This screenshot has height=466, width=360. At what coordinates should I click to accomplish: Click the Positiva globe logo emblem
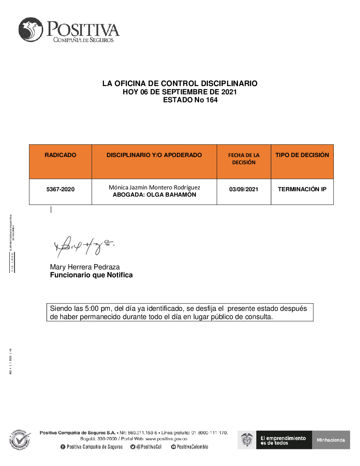pos(31,30)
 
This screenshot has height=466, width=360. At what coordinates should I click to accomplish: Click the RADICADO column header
pos(60,155)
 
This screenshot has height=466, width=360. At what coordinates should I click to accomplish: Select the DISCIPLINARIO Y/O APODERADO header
pos(154,155)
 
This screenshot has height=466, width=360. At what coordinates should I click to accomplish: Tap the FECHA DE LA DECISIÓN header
pos(244,159)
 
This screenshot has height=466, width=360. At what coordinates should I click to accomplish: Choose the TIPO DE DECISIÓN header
pos(302,155)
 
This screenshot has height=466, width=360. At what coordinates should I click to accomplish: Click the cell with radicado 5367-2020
pos(60,189)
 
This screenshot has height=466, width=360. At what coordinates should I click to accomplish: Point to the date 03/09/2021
pos(244,189)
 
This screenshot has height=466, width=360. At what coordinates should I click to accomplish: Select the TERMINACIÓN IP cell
pos(302,189)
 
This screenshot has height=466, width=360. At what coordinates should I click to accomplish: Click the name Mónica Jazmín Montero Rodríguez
pos(154,187)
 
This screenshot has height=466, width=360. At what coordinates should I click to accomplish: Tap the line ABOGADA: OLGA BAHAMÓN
pos(154,195)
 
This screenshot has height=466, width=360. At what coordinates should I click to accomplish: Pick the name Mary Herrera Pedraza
pos(85,267)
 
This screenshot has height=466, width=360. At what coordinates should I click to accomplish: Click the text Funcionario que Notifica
pos(91,275)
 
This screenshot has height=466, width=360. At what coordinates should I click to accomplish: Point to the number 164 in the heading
pos(212,100)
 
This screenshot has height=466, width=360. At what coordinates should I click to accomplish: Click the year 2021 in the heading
pos(229,92)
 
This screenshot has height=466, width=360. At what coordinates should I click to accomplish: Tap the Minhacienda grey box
pos(331,440)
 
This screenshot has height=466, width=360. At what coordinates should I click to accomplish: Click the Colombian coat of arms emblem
pos(247,440)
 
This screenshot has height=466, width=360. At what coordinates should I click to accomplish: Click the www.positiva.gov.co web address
pos(166,439)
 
